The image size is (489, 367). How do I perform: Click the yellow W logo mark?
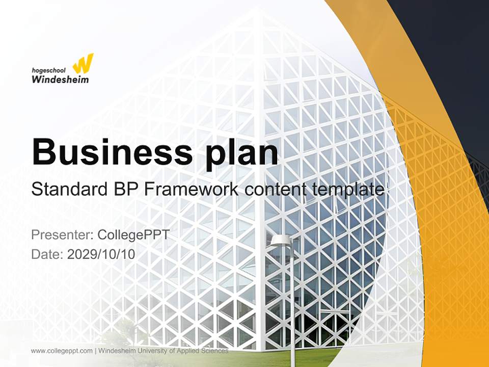(83, 63)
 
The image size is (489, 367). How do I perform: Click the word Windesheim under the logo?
(60, 79)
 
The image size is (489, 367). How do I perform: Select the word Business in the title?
(107, 151)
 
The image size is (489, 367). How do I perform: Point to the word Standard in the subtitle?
(69, 189)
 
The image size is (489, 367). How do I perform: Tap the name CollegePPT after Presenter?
(133, 235)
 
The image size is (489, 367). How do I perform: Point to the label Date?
(47, 254)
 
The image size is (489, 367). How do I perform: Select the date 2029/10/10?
(101, 254)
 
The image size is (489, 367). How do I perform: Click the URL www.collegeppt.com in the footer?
(62, 351)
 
